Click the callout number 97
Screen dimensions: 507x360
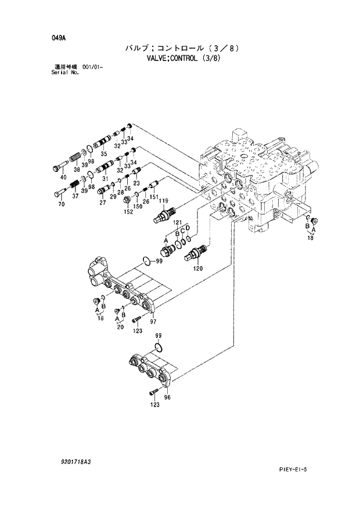pos(153,321)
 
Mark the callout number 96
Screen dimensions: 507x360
pos(167,397)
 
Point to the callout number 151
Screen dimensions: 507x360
pos(153,197)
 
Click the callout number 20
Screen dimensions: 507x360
pos(120,326)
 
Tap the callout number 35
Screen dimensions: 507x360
pos(103,154)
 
